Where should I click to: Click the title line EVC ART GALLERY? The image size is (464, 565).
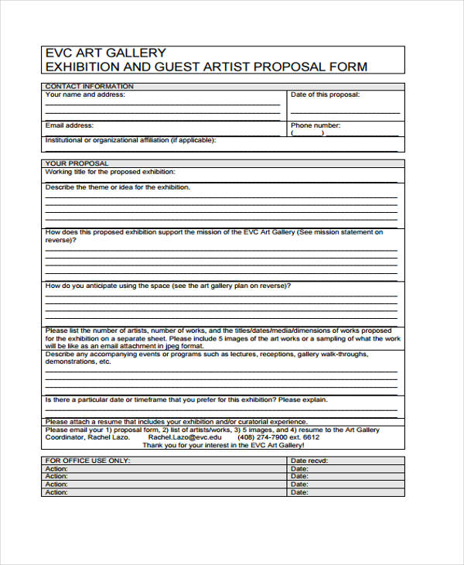click(x=106, y=53)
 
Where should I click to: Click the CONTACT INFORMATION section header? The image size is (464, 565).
click(x=89, y=86)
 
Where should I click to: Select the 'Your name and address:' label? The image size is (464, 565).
click(x=85, y=94)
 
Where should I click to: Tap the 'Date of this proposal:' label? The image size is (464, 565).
click(x=325, y=94)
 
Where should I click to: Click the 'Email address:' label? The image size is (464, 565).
click(x=70, y=125)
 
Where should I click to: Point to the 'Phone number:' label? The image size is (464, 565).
click(x=316, y=125)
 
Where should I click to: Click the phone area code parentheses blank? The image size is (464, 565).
click(x=309, y=133)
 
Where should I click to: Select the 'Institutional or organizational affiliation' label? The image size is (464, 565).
click(x=131, y=140)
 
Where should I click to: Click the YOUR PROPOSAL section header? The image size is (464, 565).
click(x=77, y=163)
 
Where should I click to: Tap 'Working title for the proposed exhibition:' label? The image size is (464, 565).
click(x=111, y=171)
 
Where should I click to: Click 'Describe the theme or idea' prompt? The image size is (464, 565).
click(x=118, y=187)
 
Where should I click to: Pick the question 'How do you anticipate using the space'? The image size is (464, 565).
click(x=168, y=286)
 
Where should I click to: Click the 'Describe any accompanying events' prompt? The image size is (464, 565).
click(x=206, y=354)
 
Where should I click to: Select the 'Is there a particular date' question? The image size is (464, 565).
click(x=186, y=399)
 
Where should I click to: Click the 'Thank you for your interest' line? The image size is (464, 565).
click(x=223, y=446)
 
